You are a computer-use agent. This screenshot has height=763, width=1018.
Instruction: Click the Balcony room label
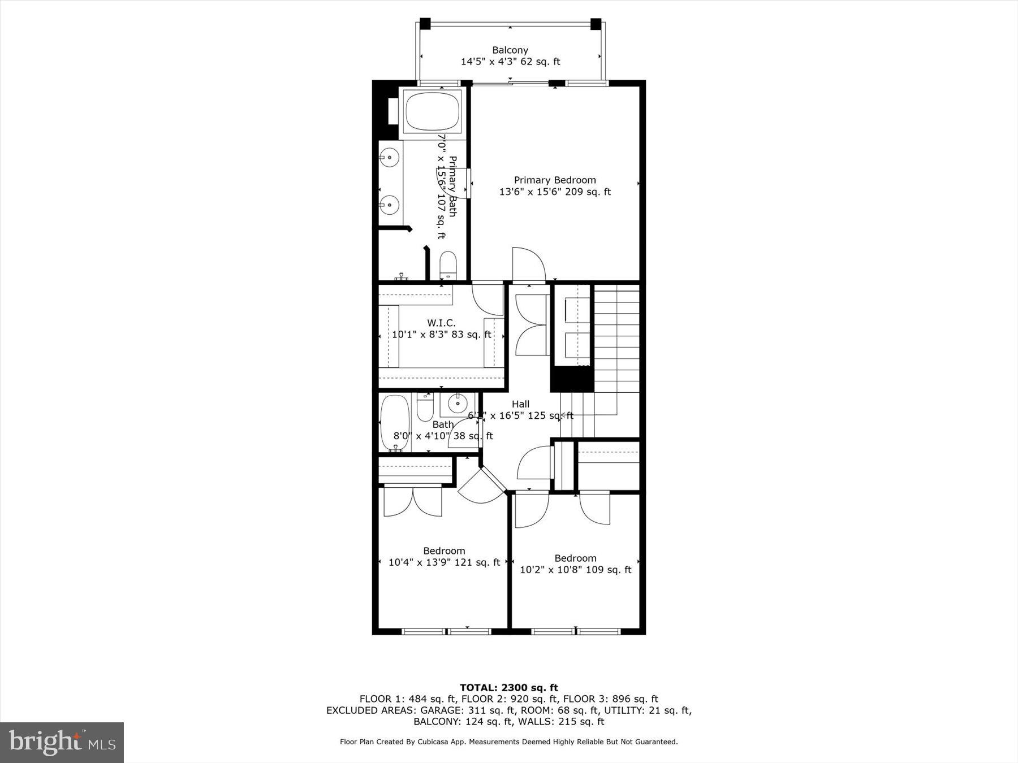(510, 50)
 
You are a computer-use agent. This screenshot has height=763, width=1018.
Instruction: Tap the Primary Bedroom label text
(554, 180)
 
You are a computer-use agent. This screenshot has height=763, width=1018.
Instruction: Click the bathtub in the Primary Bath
(432, 111)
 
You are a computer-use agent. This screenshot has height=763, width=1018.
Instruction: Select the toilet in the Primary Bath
(448, 265)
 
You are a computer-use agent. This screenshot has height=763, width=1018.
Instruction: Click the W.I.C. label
(441, 323)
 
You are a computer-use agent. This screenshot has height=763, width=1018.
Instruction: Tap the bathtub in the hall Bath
(395, 422)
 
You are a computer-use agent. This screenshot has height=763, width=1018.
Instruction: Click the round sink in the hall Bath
(457, 404)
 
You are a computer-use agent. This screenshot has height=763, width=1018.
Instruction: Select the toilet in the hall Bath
(425, 407)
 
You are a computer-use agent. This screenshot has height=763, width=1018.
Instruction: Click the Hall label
(520, 404)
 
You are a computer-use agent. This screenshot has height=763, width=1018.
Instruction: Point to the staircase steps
(616, 339)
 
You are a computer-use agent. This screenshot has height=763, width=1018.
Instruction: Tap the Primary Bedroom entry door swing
(528, 265)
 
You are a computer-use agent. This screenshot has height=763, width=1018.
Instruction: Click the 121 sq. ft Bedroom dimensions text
(444, 562)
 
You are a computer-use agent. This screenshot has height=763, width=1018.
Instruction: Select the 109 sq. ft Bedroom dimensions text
(575, 570)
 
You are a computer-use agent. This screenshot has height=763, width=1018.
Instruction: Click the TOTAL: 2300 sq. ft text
(508, 688)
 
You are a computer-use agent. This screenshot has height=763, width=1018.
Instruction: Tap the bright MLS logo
(62, 742)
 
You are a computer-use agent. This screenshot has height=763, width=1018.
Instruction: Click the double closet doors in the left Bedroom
(412, 501)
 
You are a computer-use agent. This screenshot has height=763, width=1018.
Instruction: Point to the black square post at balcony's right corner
(596, 24)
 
